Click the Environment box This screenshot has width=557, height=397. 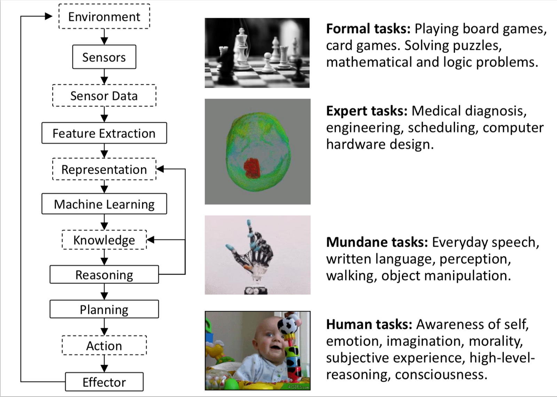point(104,16)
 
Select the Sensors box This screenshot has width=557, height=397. point(104,57)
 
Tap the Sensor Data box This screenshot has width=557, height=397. point(104,96)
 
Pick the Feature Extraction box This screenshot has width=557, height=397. point(104,133)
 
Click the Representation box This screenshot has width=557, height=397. point(104,169)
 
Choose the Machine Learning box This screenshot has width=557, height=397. point(104,204)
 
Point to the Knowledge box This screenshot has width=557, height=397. point(104,240)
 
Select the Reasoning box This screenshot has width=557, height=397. point(104,275)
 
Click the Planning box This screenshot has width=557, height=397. point(104,309)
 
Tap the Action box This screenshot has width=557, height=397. point(104,346)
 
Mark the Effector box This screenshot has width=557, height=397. point(104,382)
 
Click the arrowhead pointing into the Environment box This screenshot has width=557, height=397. point(49,16)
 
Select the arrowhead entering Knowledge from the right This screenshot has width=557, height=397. point(151,240)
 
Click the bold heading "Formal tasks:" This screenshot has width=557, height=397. point(368,29)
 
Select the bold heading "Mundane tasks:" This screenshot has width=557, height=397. point(377,242)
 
